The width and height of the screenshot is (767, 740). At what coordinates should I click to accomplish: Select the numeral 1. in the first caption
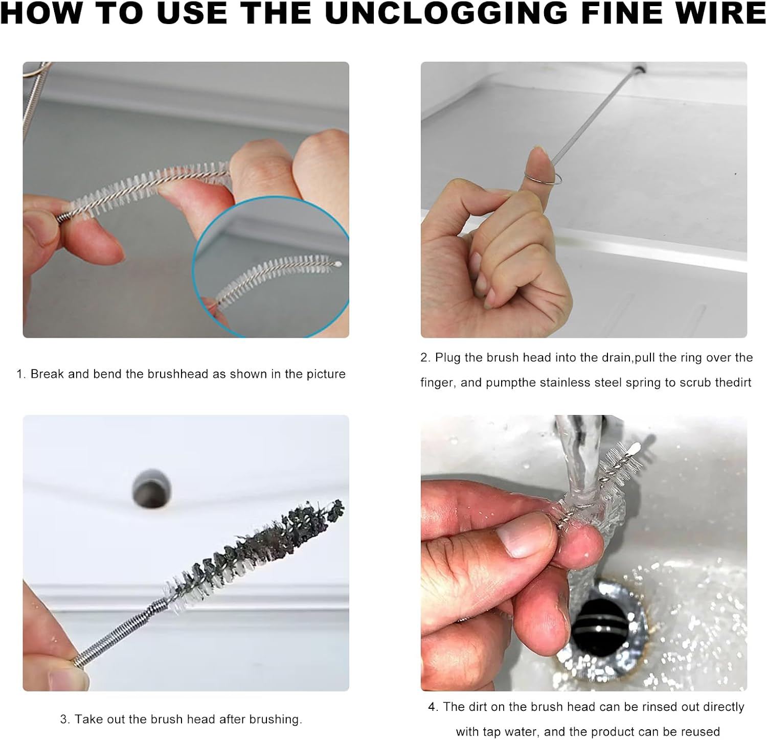[x=21, y=374]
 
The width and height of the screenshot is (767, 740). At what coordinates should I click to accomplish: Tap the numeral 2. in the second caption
[x=425, y=358]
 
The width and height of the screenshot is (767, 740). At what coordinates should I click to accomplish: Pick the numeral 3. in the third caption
[x=65, y=719]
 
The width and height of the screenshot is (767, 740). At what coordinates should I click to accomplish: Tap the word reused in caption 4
[x=698, y=732]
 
